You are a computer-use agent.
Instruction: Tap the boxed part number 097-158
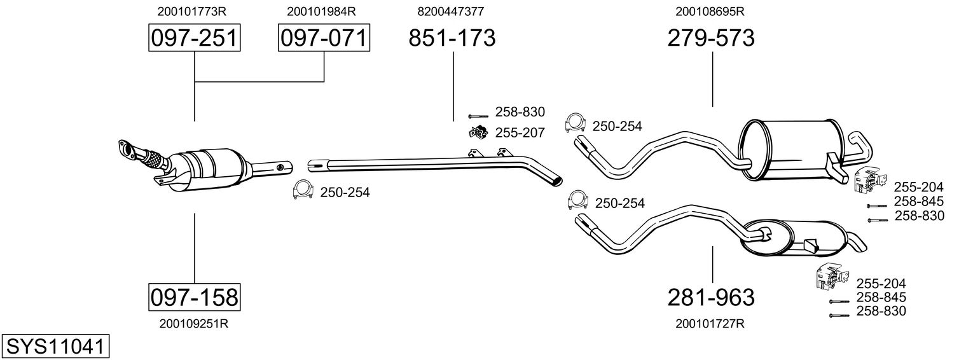click(x=194, y=296)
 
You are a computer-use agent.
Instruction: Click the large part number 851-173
click(x=452, y=38)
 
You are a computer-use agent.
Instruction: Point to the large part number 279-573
click(x=711, y=38)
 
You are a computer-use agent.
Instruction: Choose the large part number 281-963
click(x=711, y=297)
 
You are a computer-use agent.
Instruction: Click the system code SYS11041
click(x=55, y=346)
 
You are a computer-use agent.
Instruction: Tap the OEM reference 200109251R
click(x=194, y=323)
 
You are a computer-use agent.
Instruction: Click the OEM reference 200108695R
click(x=710, y=11)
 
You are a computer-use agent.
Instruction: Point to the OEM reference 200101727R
click(x=710, y=324)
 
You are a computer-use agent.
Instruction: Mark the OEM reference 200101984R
click(x=321, y=11)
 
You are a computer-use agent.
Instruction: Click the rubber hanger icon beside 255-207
click(x=478, y=132)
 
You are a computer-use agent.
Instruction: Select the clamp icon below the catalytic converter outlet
click(x=302, y=190)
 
